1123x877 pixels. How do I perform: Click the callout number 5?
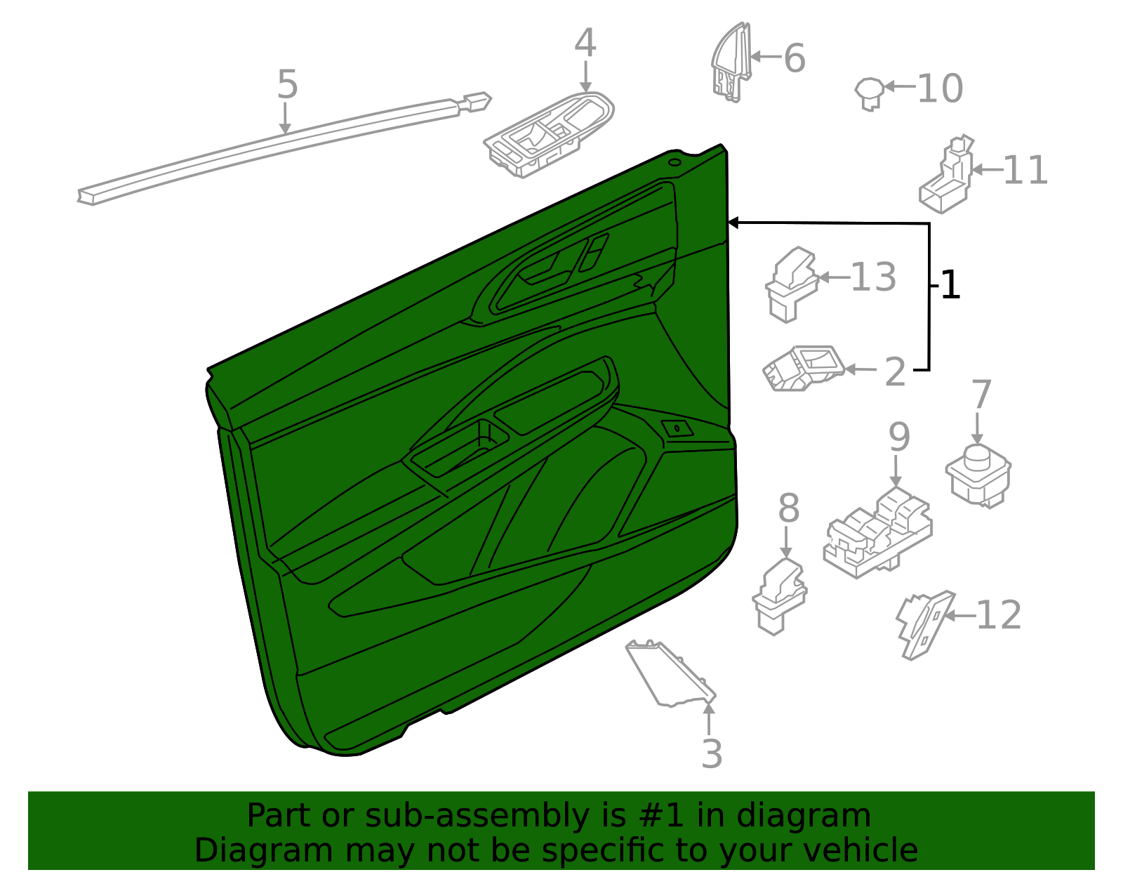287,85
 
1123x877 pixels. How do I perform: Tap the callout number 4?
585,44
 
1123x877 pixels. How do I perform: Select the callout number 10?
940,89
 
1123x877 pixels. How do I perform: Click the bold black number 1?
950,285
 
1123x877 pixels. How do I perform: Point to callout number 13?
873,277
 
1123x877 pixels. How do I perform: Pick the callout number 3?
711,755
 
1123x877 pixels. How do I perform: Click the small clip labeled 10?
870,92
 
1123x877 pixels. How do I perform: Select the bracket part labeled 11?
947,177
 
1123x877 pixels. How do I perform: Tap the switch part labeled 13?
791,284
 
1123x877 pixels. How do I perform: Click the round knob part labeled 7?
978,474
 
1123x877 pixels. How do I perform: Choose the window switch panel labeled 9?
878,533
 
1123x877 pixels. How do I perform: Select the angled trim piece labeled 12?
923,624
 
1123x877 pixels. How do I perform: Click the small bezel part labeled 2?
804,368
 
